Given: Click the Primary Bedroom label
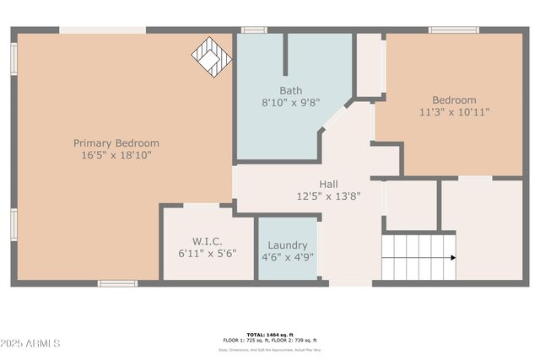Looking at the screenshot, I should click(116, 143).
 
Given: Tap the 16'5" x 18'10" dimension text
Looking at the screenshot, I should click(116, 155).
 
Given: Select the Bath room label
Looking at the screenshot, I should click(291, 90).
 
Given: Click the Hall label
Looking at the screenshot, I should click(328, 184).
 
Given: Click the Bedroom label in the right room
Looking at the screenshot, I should click(454, 99).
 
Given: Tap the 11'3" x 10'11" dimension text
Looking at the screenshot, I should click(454, 111).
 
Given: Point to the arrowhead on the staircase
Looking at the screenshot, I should click(452, 257).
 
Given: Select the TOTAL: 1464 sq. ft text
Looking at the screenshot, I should click(270, 335).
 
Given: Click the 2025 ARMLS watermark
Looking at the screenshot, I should click(31, 343).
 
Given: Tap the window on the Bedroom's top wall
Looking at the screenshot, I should click(454, 30).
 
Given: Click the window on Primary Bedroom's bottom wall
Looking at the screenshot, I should click(117, 283).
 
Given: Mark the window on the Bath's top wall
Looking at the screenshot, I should click(254, 30).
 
